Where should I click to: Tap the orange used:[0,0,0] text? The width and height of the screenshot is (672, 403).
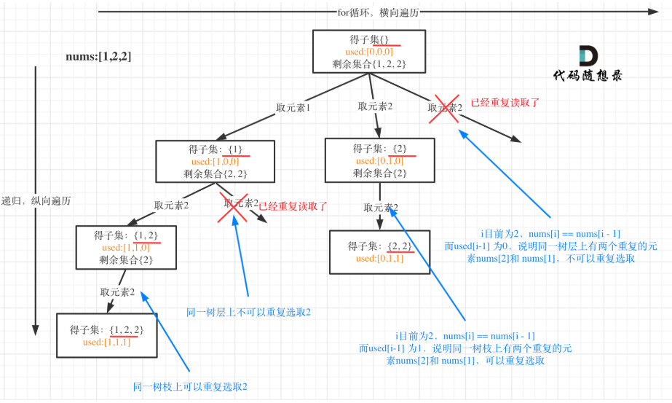369,52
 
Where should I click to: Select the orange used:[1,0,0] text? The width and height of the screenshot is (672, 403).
215,161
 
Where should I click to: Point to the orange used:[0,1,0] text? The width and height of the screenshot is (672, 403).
379,160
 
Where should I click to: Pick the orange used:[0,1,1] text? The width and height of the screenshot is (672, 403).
380,259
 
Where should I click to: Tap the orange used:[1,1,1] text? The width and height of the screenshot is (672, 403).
107,342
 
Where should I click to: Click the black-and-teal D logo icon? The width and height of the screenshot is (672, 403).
588,56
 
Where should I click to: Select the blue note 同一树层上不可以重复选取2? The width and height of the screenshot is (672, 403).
249,312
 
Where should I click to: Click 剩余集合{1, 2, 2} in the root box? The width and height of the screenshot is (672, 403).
368,64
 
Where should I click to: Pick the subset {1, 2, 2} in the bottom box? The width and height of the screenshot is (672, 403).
126,329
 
